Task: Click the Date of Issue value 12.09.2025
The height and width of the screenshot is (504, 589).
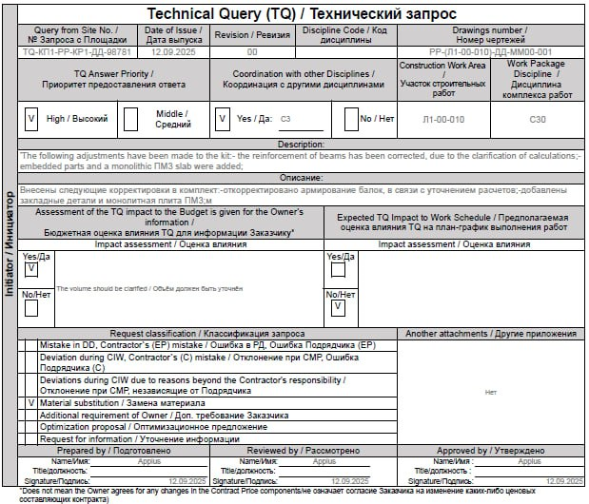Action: click(172, 52)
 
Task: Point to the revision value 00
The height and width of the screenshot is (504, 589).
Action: click(251, 52)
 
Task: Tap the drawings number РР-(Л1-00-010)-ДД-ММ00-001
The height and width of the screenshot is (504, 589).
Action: click(489, 52)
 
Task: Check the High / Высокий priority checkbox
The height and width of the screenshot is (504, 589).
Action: click(31, 119)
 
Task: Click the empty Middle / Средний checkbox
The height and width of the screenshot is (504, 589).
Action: click(130, 119)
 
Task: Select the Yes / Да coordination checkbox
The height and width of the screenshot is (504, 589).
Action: click(222, 119)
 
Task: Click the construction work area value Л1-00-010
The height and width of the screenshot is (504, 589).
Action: click(442, 119)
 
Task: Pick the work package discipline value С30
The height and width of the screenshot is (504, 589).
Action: click(538, 119)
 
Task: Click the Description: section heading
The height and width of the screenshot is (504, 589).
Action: click(301, 144)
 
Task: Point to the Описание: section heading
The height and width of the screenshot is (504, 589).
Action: click(301, 178)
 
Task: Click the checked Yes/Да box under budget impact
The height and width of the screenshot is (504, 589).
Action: click(30, 269)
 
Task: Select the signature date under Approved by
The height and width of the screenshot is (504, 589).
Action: click(567, 481)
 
